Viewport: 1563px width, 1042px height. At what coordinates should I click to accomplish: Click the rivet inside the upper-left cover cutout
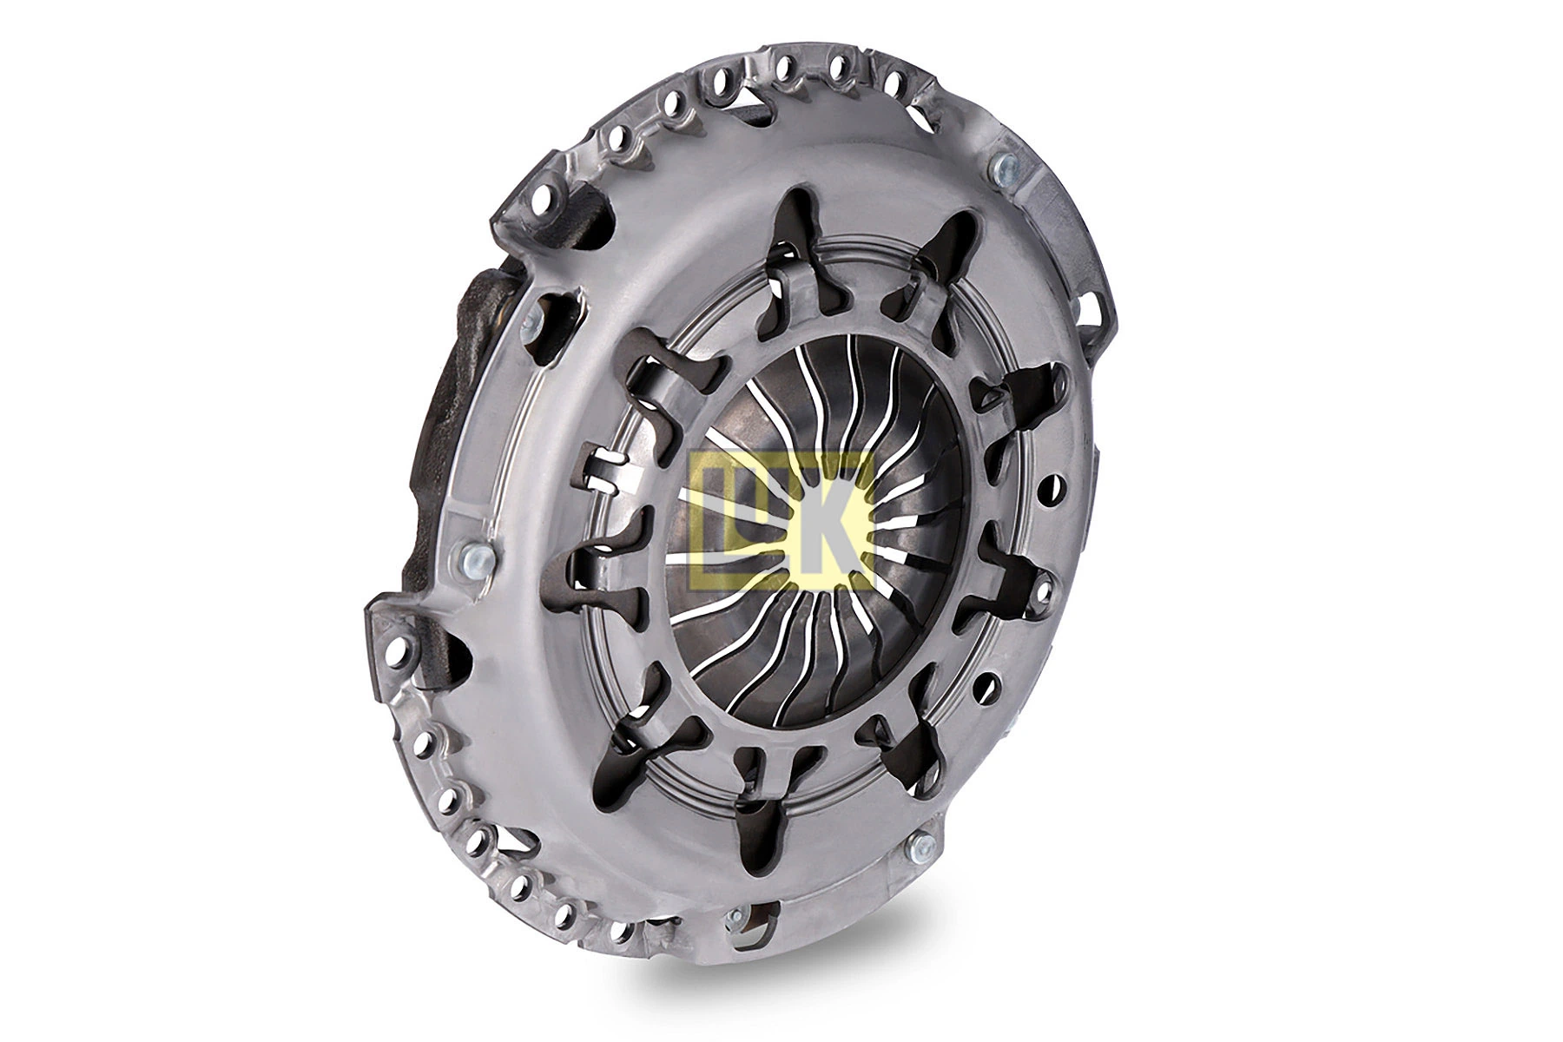click(x=531, y=322)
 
